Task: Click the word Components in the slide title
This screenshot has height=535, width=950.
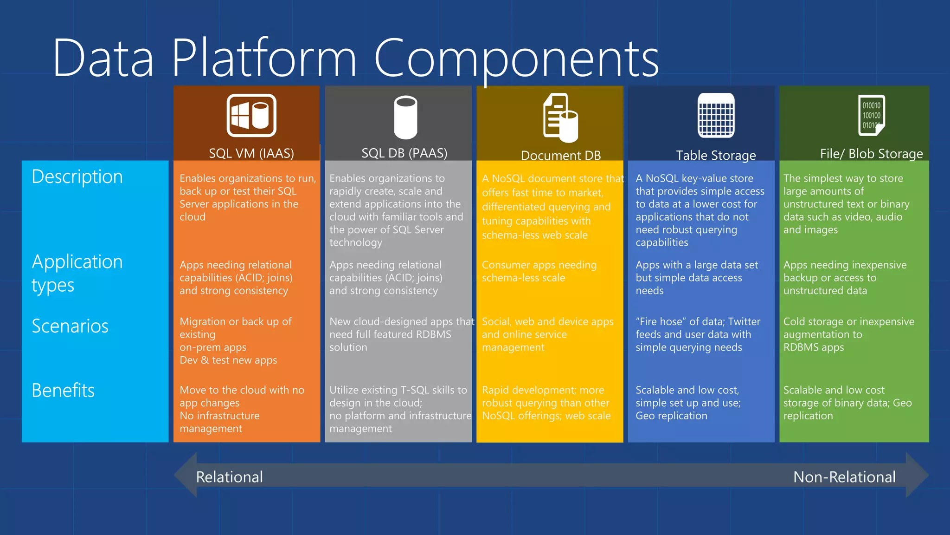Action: pyautogui.click(x=516, y=59)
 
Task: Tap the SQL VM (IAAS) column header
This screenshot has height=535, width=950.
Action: pyautogui.click(x=251, y=153)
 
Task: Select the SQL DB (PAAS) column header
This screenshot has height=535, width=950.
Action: pyautogui.click(x=404, y=153)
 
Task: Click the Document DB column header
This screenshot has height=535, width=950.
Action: pyautogui.click(x=560, y=155)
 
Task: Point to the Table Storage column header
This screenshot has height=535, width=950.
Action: pyautogui.click(x=715, y=155)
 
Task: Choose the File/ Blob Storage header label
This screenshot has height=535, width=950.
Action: pyautogui.click(x=871, y=154)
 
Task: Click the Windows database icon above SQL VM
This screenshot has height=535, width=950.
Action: pyautogui.click(x=251, y=116)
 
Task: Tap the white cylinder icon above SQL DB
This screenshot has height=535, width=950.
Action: pyautogui.click(x=405, y=117)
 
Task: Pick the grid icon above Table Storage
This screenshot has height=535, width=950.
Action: pyautogui.click(x=716, y=115)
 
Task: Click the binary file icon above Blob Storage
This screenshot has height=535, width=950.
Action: pyautogui.click(x=871, y=115)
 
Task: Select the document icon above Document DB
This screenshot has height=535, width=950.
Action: pyautogui.click(x=560, y=117)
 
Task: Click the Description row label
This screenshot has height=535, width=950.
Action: pyautogui.click(x=77, y=177)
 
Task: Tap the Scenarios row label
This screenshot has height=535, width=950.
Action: pyautogui.click(x=70, y=326)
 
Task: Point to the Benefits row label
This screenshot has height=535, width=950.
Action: pyautogui.click(x=63, y=391)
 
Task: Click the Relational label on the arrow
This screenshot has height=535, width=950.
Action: pyautogui.click(x=229, y=477)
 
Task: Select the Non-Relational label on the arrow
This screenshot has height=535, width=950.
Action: pyautogui.click(x=844, y=477)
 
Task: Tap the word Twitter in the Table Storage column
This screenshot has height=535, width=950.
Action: pyautogui.click(x=744, y=321)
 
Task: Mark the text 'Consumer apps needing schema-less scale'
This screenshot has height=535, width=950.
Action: pyautogui.click(x=539, y=271)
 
